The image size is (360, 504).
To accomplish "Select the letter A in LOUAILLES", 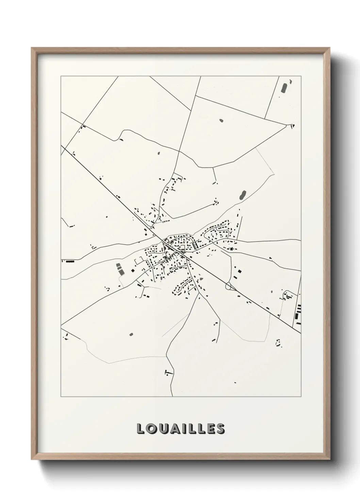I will click(175, 429).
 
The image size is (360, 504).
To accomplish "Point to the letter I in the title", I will click(186, 429).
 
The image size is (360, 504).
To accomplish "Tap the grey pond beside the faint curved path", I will click(242, 195).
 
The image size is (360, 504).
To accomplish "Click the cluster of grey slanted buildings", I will click(120, 269).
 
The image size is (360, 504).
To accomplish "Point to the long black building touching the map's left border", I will click(70, 261).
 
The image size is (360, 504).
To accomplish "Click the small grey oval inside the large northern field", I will click(221, 120).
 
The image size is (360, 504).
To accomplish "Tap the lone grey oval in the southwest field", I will click(131, 334).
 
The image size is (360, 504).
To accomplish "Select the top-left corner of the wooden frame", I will click(32, 48).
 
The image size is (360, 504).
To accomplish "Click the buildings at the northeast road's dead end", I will click(292, 126).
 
